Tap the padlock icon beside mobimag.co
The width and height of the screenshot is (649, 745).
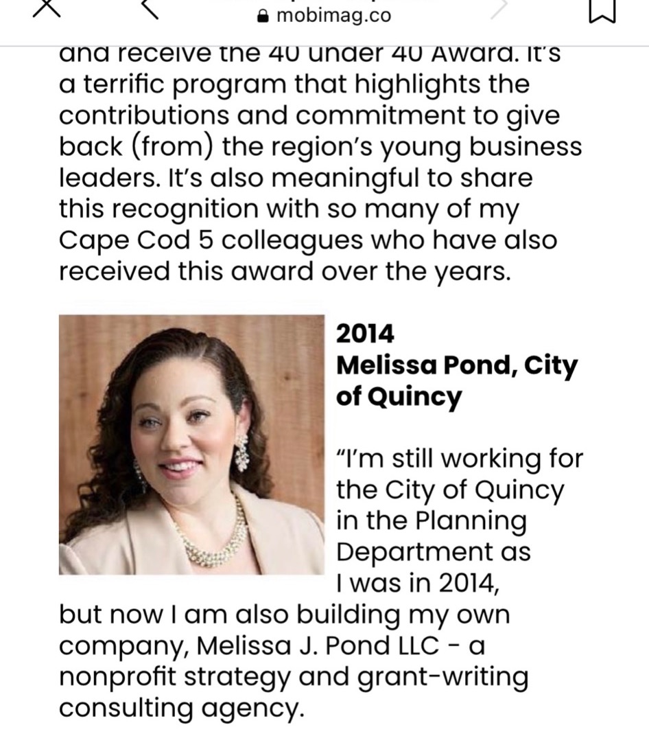[x=261, y=16]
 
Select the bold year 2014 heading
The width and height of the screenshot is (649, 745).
[x=365, y=334]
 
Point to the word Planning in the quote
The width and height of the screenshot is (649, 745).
[x=471, y=521]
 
